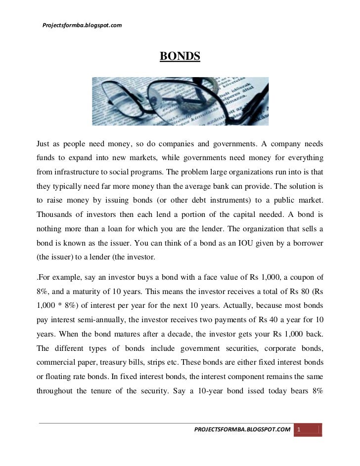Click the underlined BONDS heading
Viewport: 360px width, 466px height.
pos(180,57)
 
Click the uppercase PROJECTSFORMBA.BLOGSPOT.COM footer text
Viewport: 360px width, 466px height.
pos(242,430)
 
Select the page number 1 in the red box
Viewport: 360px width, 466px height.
pos(299,430)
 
